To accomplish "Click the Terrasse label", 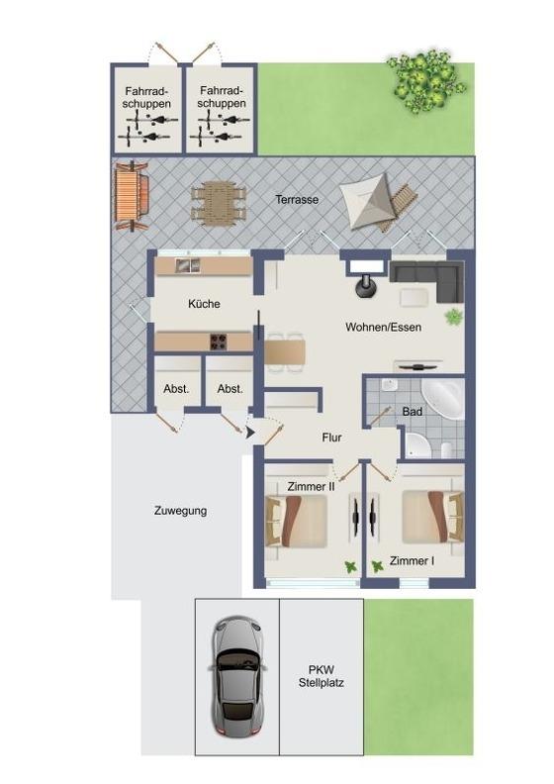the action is click(x=297, y=200).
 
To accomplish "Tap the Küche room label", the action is click(x=204, y=304).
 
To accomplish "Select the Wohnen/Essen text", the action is click(x=383, y=327).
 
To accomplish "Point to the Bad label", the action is click(x=413, y=412).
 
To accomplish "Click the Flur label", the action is click(x=331, y=438).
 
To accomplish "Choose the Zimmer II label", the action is click(x=311, y=486).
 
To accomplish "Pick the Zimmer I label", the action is click(x=412, y=561).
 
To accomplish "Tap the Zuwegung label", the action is click(x=180, y=511).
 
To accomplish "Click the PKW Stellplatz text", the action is click(x=322, y=676).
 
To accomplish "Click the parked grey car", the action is click(x=236, y=677).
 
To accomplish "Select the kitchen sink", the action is click(x=187, y=265).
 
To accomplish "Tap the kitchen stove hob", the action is click(x=218, y=342).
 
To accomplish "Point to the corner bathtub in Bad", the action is click(x=444, y=398).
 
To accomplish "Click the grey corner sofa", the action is click(x=426, y=281).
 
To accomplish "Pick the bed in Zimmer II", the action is click(x=296, y=521).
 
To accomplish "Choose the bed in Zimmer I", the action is click(x=433, y=517).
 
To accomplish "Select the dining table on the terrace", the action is click(x=219, y=204).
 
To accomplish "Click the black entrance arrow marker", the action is click(x=250, y=433).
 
